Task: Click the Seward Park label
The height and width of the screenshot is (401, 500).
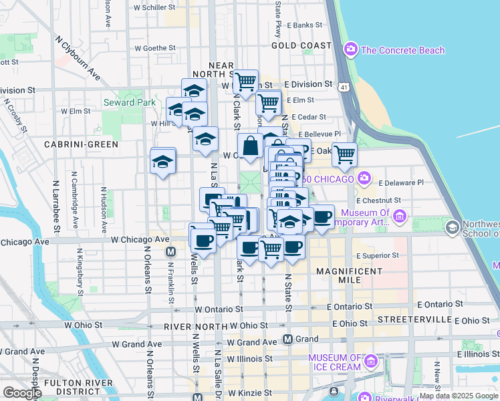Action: [x=129, y=102]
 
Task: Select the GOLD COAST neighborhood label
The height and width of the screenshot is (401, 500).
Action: [x=301, y=45]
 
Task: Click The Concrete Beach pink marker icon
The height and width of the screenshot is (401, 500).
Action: [x=350, y=49]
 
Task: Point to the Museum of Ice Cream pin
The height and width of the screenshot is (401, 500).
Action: [x=371, y=362]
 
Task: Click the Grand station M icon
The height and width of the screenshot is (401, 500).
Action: [x=288, y=339]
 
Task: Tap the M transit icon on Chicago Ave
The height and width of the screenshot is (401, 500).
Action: [x=170, y=252]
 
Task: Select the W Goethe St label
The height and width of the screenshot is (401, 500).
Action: [x=154, y=48]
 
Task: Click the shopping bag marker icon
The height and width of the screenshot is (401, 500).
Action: [x=250, y=146]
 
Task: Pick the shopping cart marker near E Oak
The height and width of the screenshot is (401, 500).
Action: [x=344, y=154]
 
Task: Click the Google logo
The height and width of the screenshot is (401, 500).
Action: [x=22, y=393]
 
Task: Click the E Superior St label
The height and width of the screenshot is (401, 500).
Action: [x=378, y=255]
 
